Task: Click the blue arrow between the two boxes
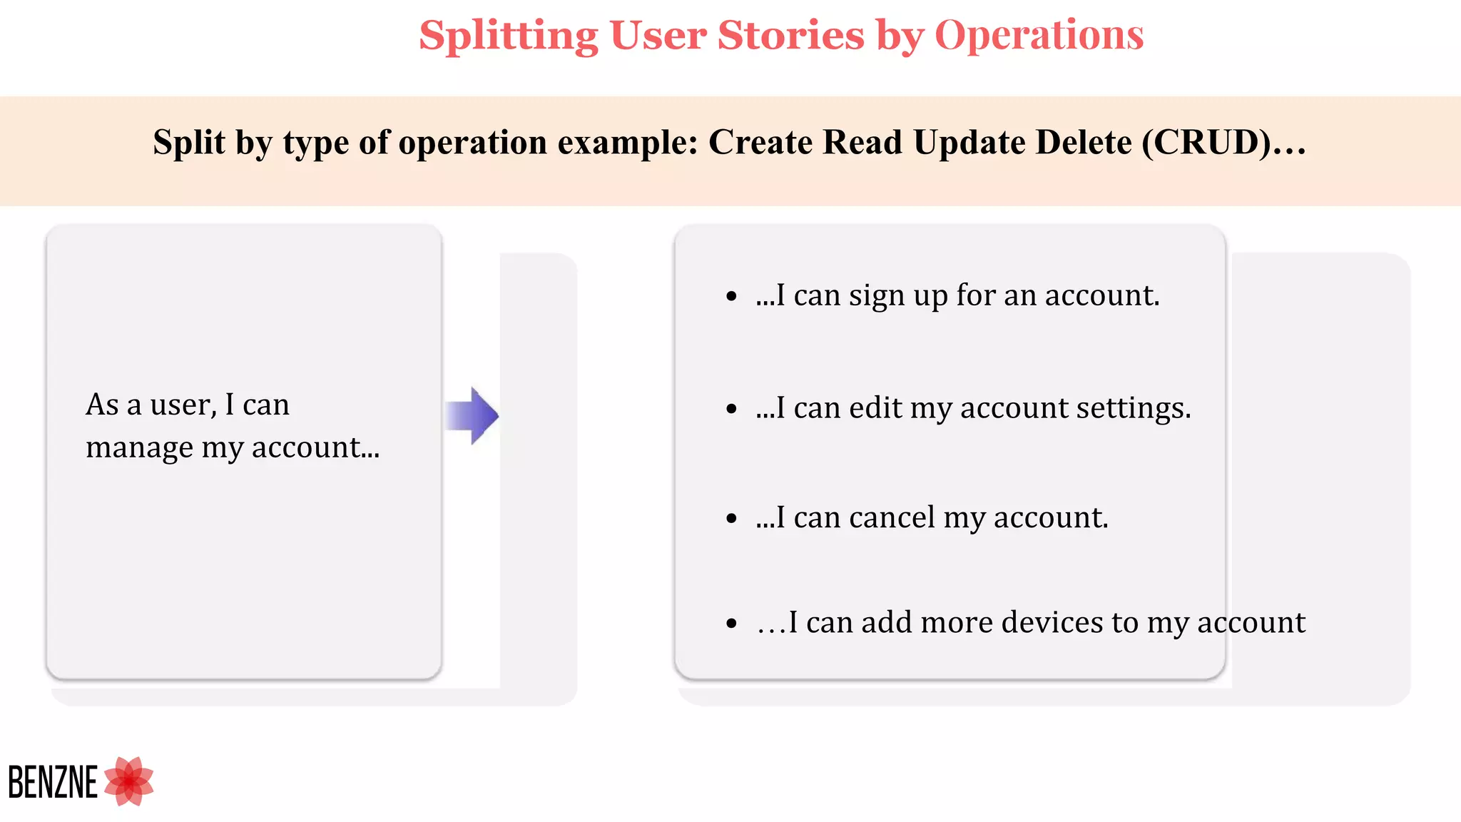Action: [472, 415]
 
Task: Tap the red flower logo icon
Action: [129, 781]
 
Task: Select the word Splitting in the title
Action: [509, 36]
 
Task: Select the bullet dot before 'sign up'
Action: [731, 296]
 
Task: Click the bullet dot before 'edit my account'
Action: [731, 409]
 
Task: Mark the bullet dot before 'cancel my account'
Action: [731, 519]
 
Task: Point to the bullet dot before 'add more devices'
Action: [731, 624]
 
